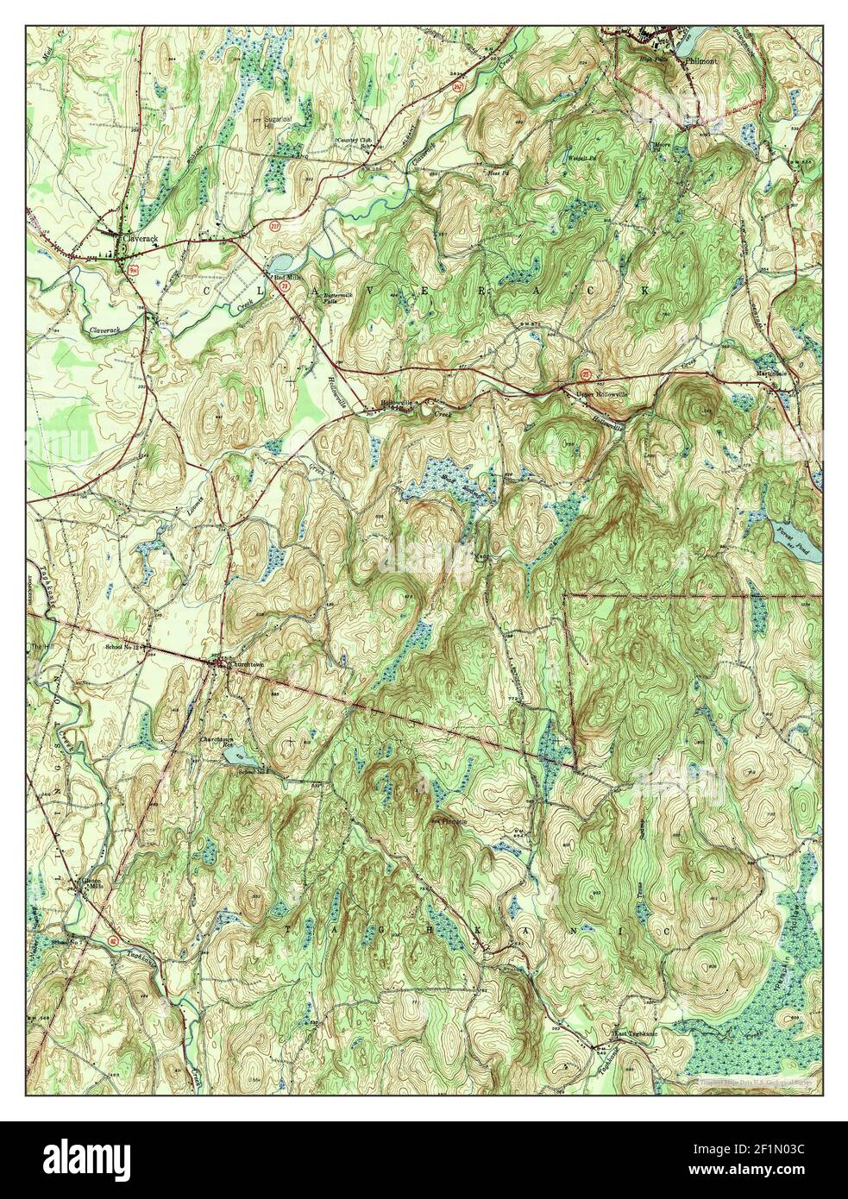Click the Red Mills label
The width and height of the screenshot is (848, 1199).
click(x=285, y=278)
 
